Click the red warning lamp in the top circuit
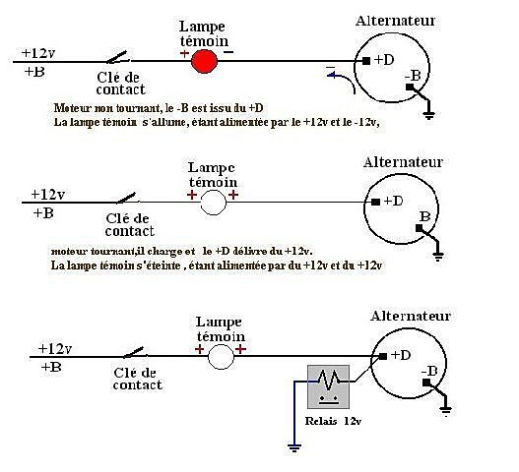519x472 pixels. tap(205, 61)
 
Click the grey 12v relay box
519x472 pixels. tap(328, 386)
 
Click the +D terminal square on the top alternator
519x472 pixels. tap(366, 61)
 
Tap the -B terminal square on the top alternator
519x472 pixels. tap(410, 87)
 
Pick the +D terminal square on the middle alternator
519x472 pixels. tap(375, 202)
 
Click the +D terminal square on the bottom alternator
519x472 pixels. tap(383, 356)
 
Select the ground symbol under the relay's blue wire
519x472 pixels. tap(294, 447)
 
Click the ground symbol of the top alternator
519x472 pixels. tap(429, 115)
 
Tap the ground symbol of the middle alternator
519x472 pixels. tap(438, 257)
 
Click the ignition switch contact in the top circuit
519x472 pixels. tap(118, 58)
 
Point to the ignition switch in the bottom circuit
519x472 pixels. tap(135, 353)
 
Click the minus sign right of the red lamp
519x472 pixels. tap(228, 51)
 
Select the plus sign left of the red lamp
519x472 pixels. tap(184, 53)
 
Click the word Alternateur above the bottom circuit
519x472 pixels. tap(411, 316)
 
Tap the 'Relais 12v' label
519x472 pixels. tap(333, 421)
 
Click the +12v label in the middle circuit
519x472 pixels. tap(47, 195)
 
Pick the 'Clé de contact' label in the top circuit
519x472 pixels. tap(121, 84)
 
